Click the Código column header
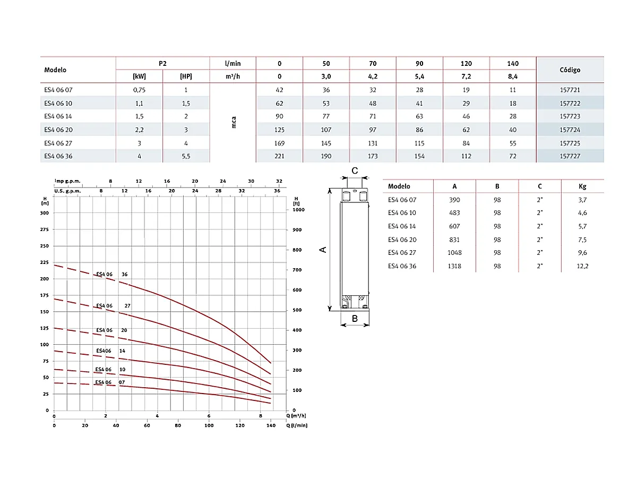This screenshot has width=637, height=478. click(x=570, y=70)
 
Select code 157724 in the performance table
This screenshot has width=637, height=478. click(x=570, y=130)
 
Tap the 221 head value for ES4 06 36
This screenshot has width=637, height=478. click(x=279, y=156)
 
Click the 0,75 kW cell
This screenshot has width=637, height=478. click(x=139, y=90)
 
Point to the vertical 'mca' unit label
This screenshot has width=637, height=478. click(x=234, y=123)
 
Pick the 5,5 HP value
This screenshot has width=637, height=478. click(x=185, y=156)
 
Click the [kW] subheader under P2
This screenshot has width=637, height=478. click(x=139, y=76)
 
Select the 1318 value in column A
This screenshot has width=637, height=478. click(x=454, y=266)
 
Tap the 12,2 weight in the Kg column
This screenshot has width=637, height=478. click(x=582, y=266)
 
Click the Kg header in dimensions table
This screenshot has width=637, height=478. click(x=582, y=186)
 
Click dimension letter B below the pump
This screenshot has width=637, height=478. click(x=355, y=319)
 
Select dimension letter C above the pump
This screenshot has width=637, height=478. click(x=355, y=170)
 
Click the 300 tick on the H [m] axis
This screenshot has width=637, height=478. click(x=45, y=212)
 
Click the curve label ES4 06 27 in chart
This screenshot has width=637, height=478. click(x=113, y=306)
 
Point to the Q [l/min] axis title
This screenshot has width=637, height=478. click(x=297, y=425)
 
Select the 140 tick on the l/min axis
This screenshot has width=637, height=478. click(x=271, y=425)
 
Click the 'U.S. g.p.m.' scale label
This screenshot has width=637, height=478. click(x=67, y=190)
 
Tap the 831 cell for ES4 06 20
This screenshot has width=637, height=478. click(x=454, y=240)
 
